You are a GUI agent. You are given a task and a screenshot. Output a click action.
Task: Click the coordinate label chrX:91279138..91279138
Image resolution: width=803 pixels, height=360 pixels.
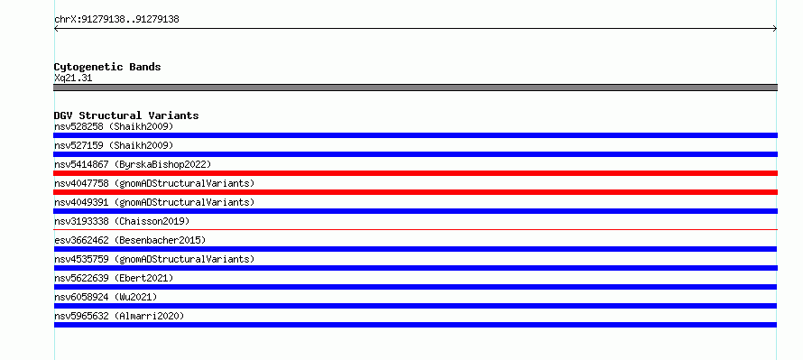point(116,20)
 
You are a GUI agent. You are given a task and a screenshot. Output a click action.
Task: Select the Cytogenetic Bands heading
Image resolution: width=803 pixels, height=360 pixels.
point(107,67)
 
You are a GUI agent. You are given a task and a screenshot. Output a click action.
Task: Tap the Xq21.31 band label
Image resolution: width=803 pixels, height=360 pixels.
point(73,78)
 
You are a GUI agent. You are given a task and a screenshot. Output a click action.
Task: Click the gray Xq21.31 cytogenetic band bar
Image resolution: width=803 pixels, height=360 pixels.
point(415,88)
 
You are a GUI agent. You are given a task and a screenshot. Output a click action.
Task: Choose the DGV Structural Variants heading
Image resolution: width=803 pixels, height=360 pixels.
point(126,115)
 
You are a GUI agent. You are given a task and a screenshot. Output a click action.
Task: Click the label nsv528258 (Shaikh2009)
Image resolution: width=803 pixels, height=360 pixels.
point(114,126)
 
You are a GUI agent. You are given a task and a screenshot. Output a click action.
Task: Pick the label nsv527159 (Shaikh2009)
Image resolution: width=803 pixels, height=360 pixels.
point(114,145)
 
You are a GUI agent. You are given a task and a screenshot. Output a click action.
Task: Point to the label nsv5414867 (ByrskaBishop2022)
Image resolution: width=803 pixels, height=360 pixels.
point(133,164)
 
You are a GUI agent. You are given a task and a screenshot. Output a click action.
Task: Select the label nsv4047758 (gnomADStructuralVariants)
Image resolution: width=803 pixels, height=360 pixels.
point(154,183)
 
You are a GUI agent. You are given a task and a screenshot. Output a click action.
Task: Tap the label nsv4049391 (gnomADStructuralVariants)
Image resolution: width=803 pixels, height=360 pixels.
point(154,202)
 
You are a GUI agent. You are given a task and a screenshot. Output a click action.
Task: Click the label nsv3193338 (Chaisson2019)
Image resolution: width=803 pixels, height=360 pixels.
point(122,221)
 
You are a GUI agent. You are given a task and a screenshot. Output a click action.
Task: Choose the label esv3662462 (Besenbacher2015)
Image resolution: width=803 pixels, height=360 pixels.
point(130,240)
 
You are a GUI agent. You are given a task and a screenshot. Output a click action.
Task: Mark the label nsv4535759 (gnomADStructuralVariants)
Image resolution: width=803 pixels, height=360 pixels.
point(154,259)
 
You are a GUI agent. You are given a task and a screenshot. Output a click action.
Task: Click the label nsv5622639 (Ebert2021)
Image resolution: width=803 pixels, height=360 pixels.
point(114,278)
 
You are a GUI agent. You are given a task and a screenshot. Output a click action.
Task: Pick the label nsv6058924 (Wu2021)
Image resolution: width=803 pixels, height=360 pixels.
point(106,297)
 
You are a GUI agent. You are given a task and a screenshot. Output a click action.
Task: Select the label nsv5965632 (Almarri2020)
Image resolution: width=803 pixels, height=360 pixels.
point(119,316)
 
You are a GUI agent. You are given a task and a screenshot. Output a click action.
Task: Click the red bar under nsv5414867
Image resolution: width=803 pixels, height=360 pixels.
point(415,173)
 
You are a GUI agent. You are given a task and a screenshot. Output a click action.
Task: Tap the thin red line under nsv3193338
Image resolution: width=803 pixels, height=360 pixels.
point(415,230)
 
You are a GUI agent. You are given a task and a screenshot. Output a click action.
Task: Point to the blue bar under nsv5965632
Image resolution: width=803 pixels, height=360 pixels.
point(415,325)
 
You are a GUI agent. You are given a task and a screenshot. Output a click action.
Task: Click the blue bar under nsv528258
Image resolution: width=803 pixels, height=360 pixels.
point(415,135)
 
